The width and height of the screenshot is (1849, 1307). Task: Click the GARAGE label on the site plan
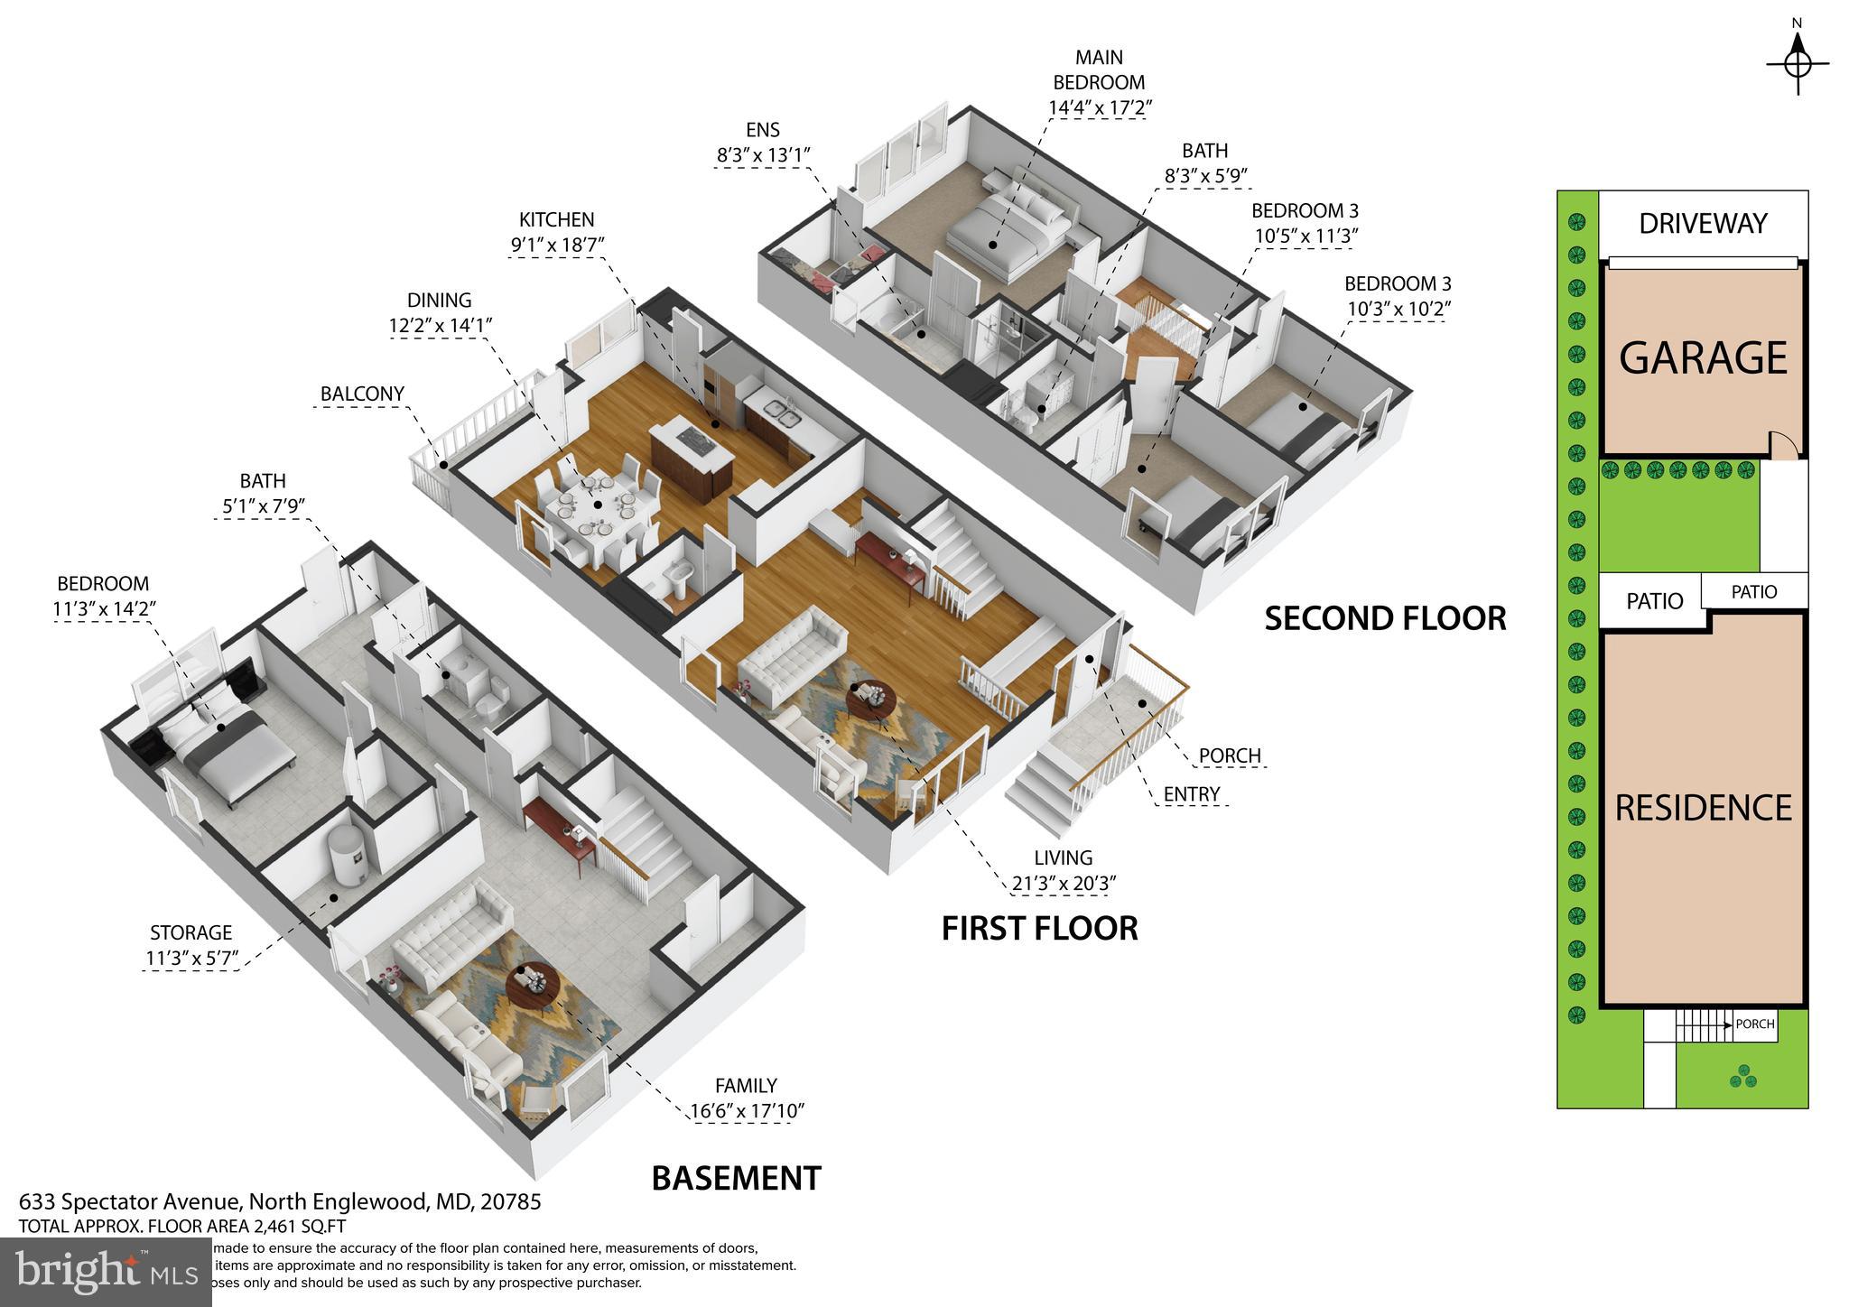pos(1702,358)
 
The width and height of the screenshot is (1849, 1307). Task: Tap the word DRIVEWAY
pos(1703,224)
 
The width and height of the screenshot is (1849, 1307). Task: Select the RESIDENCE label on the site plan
pos(1703,808)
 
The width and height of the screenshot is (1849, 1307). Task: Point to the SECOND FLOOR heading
pos(1385,619)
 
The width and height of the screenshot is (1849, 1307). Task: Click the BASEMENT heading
pos(736,1179)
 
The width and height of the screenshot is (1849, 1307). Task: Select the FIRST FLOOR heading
pos(1039,928)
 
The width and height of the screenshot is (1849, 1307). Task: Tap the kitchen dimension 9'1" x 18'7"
pos(556,245)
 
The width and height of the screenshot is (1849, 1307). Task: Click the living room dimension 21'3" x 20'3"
pos(1064,884)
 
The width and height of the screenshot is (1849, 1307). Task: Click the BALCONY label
pos(362,394)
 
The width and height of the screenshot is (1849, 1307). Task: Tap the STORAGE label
pos(190,933)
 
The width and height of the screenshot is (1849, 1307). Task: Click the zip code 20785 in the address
pos(510,1202)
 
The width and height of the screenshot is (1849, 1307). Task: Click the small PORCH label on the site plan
pos(1754,1024)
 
